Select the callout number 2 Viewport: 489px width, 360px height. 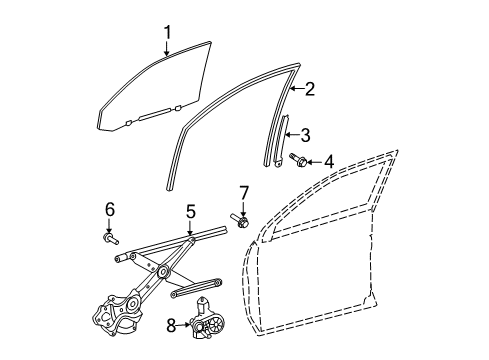pos(310,90)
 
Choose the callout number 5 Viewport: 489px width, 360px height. pos(190,211)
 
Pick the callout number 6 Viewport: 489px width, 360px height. pos(110,208)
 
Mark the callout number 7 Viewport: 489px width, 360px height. pos(243,191)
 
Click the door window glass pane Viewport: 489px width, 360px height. pos(150,90)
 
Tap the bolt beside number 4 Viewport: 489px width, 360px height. pos(297,158)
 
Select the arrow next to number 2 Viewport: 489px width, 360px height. pos(297,90)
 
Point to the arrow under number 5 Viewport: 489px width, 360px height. pos(190,229)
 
